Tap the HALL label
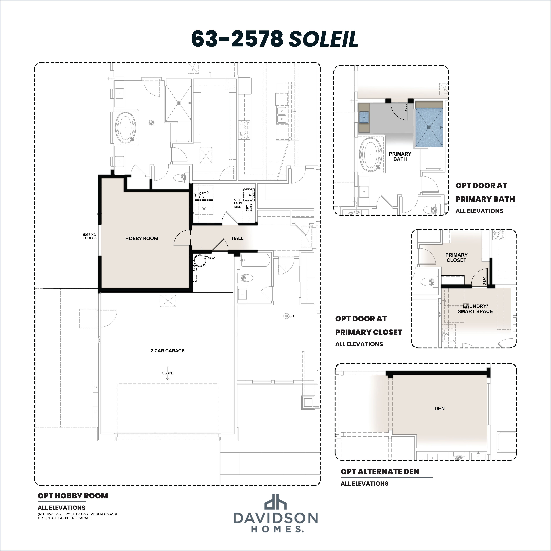pyautogui.click(x=238, y=238)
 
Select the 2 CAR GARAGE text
pyautogui.click(x=168, y=351)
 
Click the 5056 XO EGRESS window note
pyautogui.click(x=90, y=236)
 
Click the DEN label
pyautogui.click(x=439, y=408)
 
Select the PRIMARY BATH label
pyautogui.click(x=400, y=156)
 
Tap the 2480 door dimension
pyautogui.click(x=485, y=281)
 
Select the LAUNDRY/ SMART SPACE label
pyautogui.click(x=475, y=309)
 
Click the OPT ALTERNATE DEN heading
pyautogui.click(x=380, y=472)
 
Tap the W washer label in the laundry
pyautogui.click(x=204, y=209)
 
